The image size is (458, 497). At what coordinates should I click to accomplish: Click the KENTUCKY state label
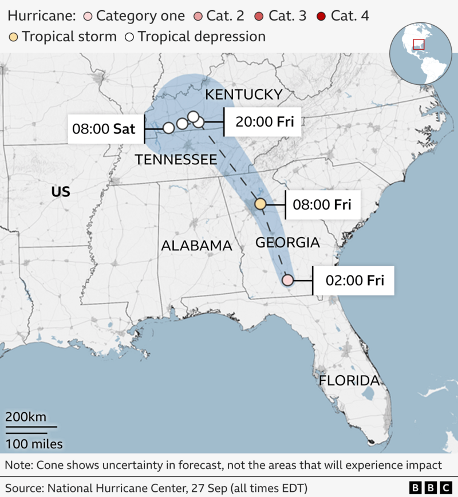(244, 94)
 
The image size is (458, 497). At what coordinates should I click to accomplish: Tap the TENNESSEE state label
(175, 160)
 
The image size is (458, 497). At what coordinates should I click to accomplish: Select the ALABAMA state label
(196, 246)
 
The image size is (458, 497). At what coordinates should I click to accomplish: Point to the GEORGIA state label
(287, 242)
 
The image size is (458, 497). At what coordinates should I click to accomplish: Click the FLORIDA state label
(349, 381)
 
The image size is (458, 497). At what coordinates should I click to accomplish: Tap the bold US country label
(61, 191)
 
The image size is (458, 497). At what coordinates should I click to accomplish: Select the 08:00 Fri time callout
(322, 204)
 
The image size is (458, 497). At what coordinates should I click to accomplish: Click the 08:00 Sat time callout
(104, 129)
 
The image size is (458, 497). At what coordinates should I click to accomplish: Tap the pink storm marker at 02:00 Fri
(288, 280)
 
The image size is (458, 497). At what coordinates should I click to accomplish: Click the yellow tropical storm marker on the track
(260, 204)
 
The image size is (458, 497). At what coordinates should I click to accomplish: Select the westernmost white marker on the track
(168, 128)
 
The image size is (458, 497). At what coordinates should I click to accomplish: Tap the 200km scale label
(26, 417)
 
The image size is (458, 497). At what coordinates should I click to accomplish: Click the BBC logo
(431, 487)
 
